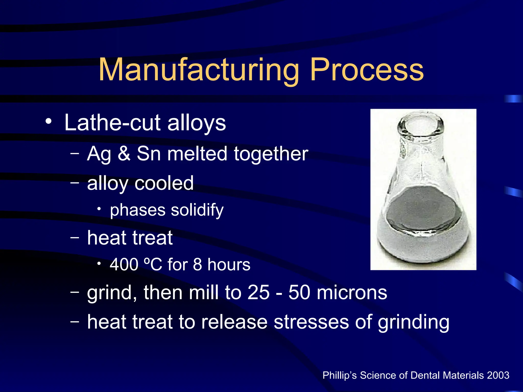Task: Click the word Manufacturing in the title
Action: click(x=199, y=70)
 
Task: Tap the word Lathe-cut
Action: click(x=112, y=123)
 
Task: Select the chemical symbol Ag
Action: click(x=99, y=154)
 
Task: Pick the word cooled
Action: click(x=164, y=183)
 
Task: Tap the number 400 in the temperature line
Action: click(x=124, y=265)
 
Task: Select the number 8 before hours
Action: click(x=197, y=265)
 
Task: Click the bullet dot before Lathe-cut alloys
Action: click(x=49, y=121)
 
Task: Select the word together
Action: click(x=271, y=154)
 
